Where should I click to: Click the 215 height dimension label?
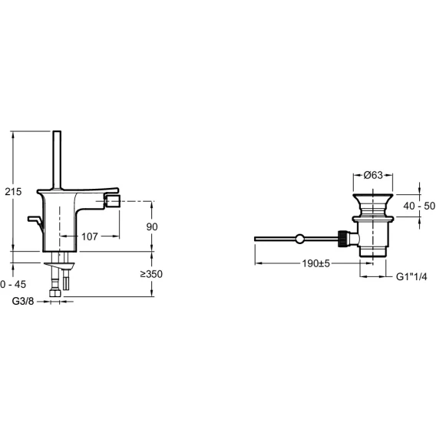click(x=13, y=192)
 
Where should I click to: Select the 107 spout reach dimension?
click(x=90, y=236)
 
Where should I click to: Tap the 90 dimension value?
click(x=152, y=227)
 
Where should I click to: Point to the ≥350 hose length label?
click(x=151, y=274)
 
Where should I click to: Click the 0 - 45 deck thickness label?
click(x=13, y=285)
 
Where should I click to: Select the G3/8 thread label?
click(x=23, y=301)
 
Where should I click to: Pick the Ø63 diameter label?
click(x=373, y=175)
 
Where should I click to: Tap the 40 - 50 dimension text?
click(x=419, y=206)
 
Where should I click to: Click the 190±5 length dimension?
click(x=316, y=263)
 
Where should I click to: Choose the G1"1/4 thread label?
click(x=411, y=276)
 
